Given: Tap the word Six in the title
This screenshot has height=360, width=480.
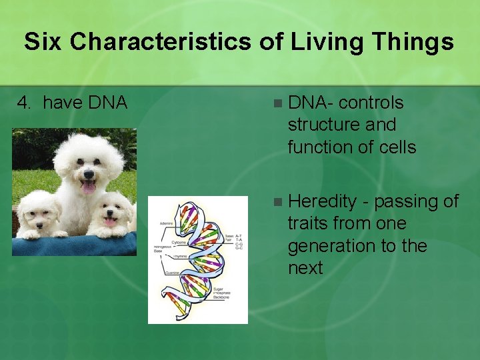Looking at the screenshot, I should click(44, 42).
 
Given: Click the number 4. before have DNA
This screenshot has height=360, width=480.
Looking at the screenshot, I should click(25, 103).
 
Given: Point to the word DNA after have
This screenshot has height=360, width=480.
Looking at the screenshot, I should click(107, 103).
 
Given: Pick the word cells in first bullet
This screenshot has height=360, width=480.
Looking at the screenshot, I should click(395, 147).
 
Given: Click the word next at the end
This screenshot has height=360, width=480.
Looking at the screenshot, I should click(305, 269).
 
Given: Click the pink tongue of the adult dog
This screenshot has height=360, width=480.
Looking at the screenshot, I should click(89, 188).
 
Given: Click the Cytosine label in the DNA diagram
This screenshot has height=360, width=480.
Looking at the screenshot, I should click(179, 243).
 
